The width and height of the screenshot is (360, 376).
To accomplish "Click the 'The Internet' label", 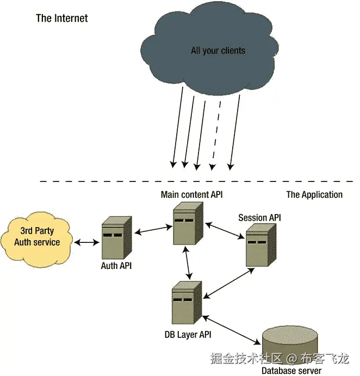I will (61, 18).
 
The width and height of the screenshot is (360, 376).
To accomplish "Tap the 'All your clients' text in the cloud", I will (218, 51).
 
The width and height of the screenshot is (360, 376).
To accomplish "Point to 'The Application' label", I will (314, 195).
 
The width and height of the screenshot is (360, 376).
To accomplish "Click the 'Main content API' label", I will (191, 194).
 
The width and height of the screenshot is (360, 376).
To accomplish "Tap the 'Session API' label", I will (259, 218).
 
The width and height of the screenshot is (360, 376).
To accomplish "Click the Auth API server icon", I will (116, 237).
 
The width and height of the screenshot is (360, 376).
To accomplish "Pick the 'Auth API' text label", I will (116, 266).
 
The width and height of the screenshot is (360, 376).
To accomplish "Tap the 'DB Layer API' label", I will (188, 334).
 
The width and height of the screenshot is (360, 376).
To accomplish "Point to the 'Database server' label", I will (291, 371).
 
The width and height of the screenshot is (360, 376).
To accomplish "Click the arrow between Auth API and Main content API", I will (152, 231).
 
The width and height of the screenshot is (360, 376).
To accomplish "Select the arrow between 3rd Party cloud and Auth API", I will (84, 242).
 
